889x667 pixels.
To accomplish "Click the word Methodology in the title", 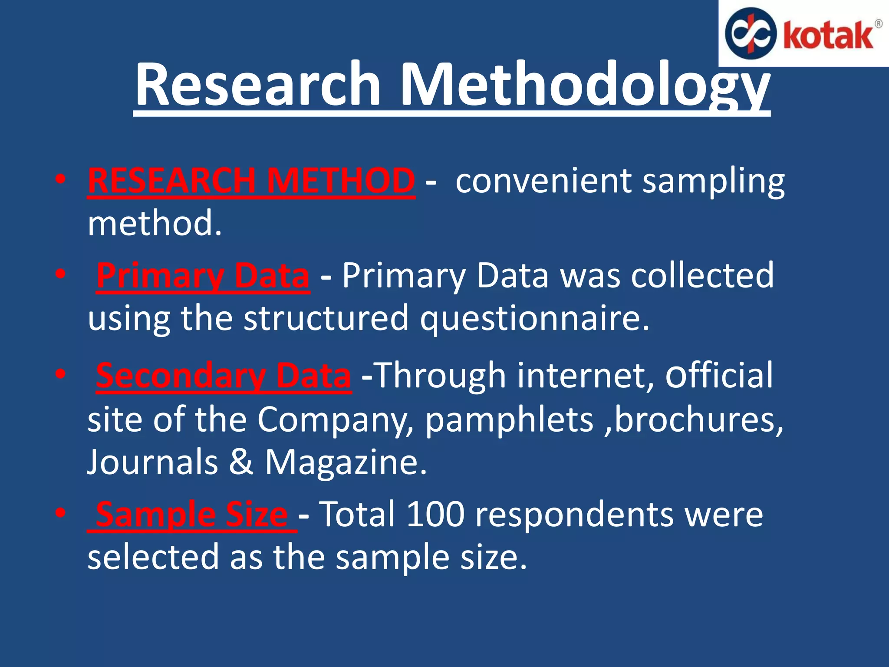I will pos(584,85).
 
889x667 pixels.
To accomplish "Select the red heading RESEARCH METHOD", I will pos(251,180).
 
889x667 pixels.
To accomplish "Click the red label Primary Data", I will pos(203,275).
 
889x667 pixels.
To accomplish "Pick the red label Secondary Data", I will pos(223,375).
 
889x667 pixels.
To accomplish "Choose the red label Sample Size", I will pos(191,514).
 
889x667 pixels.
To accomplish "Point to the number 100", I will pos(435,514).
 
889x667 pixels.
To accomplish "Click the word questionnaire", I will pos(534,318).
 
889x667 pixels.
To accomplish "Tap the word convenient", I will pos(543,180).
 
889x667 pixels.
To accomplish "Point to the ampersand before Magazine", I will pos(241,462).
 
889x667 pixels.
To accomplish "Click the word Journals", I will pos(152,462).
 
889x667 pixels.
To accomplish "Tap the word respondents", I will pos(574,515).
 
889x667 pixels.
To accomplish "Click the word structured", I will pos(326,318).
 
